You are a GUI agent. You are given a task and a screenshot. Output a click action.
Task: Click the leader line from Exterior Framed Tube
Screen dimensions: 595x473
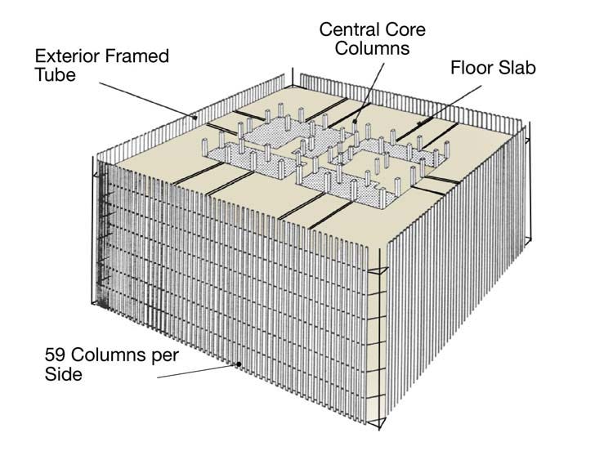tap(147, 96)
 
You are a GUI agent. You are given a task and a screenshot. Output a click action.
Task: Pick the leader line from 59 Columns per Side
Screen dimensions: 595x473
tap(196, 372)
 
